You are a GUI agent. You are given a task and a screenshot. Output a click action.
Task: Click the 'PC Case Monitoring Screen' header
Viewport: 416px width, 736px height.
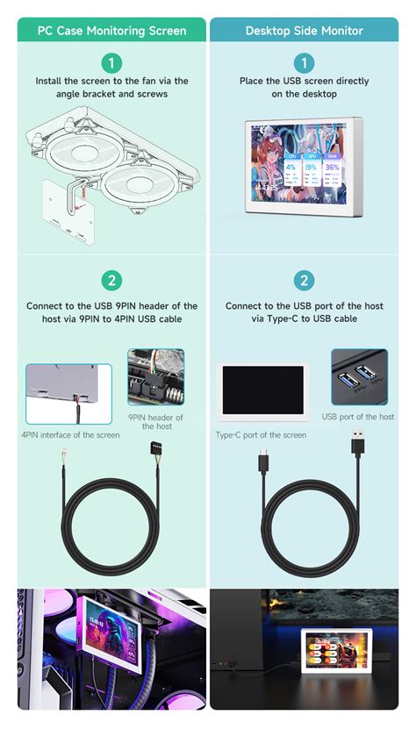[111, 31]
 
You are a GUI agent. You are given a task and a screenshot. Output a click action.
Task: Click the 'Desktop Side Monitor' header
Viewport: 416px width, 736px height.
[304, 31]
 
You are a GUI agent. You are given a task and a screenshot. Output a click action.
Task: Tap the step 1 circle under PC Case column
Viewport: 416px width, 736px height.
[111, 63]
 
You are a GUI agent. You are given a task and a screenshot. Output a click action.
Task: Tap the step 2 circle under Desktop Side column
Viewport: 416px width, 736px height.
[304, 281]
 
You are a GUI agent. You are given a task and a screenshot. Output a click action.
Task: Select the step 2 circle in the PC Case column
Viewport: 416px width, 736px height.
[111, 281]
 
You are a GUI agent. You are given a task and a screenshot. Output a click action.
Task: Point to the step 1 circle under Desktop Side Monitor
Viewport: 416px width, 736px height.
[304, 63]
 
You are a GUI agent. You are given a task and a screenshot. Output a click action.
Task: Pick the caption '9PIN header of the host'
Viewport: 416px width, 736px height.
[155, 422]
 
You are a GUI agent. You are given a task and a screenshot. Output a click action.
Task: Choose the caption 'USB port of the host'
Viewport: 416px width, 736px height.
[358, 417]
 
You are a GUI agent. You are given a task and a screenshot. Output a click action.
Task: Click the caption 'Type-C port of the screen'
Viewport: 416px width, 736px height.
[261, 435]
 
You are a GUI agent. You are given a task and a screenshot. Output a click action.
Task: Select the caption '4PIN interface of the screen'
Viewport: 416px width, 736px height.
[70, 435]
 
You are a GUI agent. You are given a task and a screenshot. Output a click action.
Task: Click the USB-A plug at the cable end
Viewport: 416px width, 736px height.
[357, 444]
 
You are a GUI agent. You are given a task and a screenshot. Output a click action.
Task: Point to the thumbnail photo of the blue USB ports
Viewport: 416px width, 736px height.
[358, 378]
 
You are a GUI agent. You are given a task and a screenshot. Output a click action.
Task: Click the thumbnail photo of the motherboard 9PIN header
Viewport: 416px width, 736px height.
[155, 377]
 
